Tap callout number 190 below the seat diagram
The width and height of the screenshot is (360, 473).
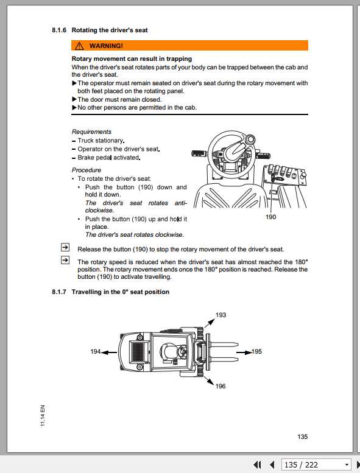pos(271,217)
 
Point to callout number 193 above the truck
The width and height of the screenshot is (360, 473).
pos(221,315)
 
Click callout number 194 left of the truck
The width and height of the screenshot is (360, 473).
pos(96,351)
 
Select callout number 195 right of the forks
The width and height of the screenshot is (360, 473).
pos(256,351)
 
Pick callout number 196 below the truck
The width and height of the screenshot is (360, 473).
pos(220,386)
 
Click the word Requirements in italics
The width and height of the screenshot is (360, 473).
pos(91,131)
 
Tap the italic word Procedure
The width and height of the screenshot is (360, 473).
pos(86,170)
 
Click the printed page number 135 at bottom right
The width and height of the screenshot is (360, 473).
pos(303,436)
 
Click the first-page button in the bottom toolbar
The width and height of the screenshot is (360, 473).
pos(258,464)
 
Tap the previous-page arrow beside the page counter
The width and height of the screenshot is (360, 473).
pos(272,464)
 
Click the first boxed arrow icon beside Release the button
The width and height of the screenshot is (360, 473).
pos(65,247)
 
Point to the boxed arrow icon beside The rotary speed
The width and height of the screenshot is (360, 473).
pos(65,261)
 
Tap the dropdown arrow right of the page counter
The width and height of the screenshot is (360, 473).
pos(347,464)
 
